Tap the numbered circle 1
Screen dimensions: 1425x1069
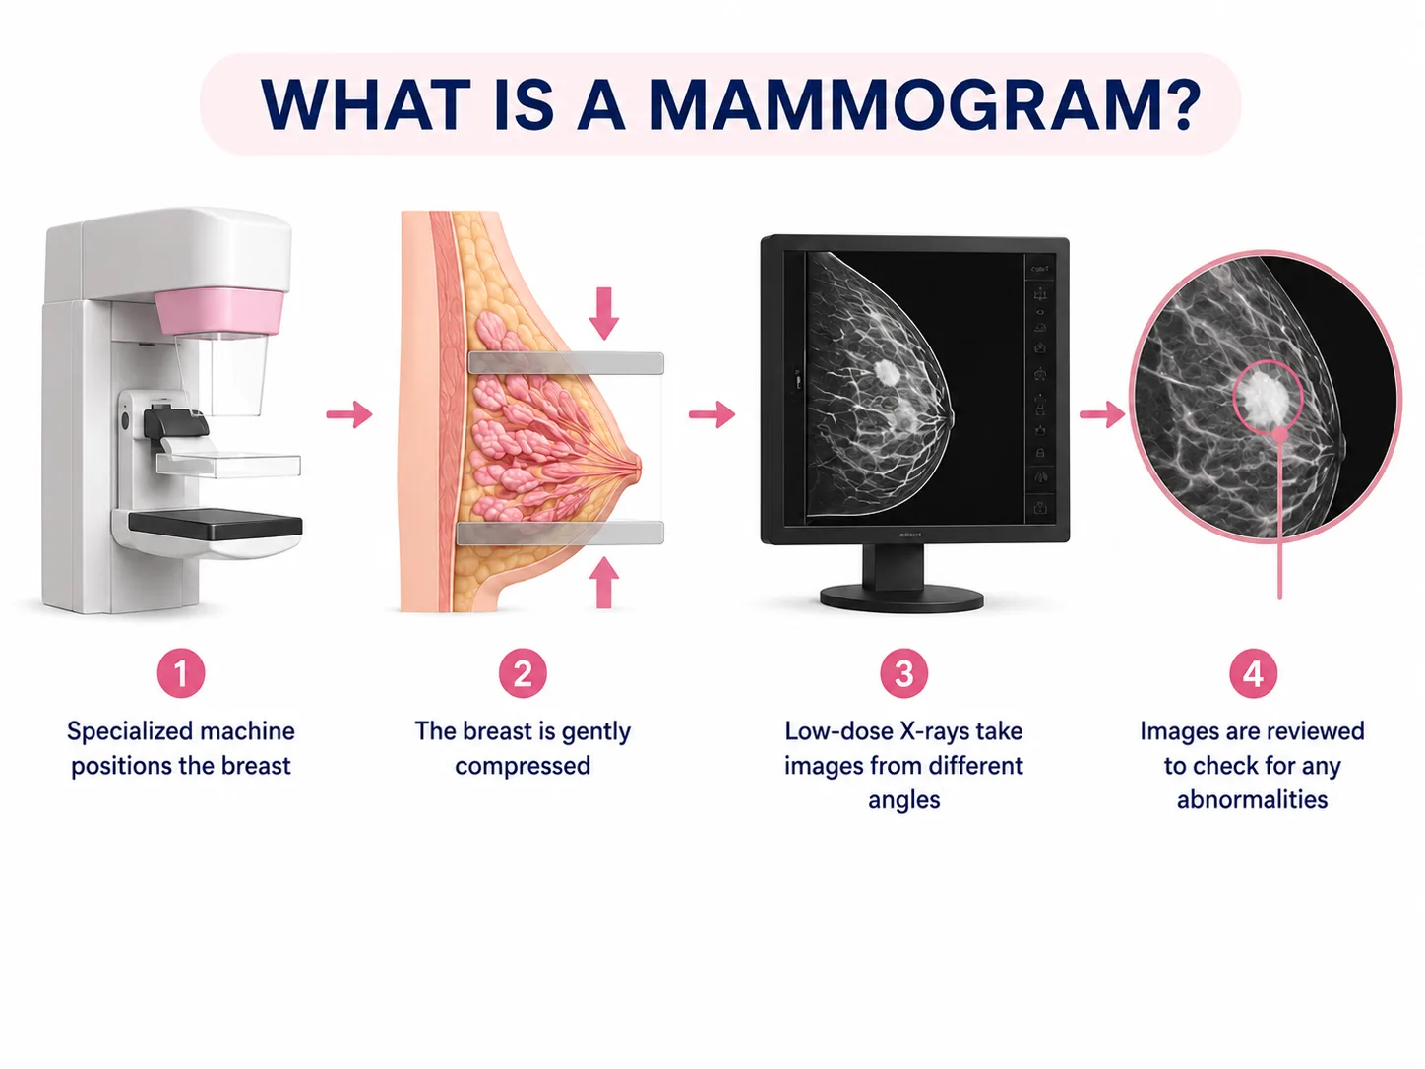point(180,673)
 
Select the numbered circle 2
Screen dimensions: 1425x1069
point(523,673)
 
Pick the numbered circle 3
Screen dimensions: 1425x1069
point(903,673)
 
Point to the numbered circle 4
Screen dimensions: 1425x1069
point(1253,673)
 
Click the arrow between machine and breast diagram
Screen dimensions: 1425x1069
point(349,414)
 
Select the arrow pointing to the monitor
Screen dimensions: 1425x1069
point(712,414)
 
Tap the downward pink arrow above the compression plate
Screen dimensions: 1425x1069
point(604,313)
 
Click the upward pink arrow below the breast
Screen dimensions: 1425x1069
point(604,582)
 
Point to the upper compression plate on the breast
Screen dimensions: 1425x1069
point(566,363)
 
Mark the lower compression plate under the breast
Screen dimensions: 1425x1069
point(560,533)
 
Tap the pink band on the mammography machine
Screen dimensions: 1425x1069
point(219,312)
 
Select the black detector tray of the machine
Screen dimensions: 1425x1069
point(216,525)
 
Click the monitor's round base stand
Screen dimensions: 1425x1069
point(901,597)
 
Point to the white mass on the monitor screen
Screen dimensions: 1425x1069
point(886,372)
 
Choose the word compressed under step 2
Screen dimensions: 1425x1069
point(523,766)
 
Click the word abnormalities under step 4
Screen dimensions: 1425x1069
point(1253,799)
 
